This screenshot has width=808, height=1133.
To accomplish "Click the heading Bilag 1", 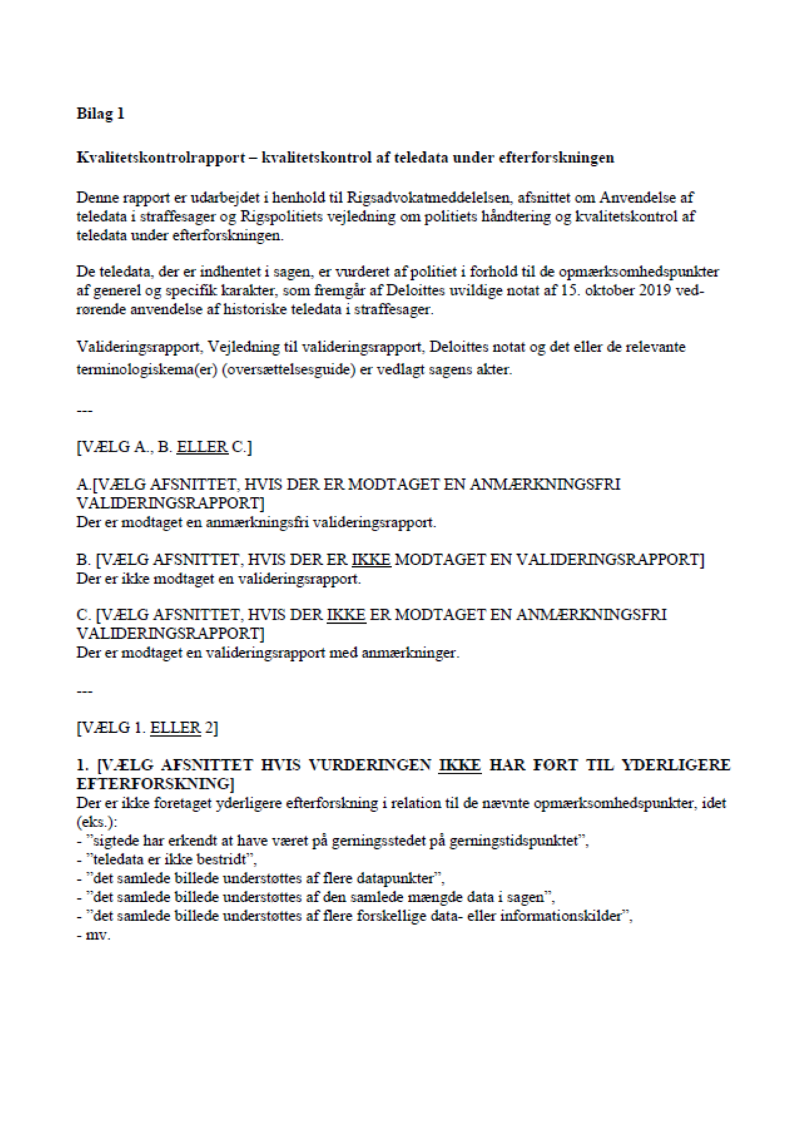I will click(x=100, y=114).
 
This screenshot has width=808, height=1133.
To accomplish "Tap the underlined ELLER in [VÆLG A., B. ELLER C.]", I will click(x=202, y=447).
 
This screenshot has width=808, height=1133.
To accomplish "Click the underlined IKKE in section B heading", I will click(x=371, y=560).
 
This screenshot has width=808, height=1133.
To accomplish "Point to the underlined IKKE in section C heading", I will click(x=346, y=615).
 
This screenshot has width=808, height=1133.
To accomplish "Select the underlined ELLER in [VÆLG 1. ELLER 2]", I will click(x=176, y=728).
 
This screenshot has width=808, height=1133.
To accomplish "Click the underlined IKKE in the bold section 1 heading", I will click(x=460, y=765).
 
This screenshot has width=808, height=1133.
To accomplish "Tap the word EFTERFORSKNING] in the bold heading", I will click(x=155, y=784).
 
